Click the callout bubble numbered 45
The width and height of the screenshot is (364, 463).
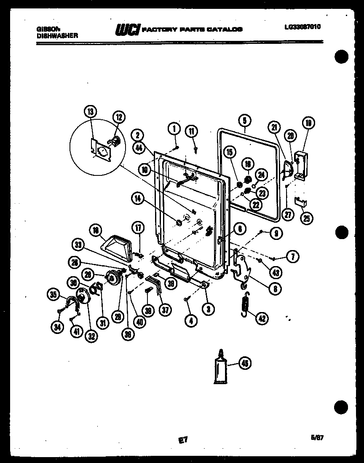click(244, 363)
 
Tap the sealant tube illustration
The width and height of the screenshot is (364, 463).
click(220, 367)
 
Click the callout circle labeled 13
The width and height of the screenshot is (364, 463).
click(91, 112)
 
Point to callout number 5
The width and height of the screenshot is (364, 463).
click(244, 120)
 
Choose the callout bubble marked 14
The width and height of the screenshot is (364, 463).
click(138, 199)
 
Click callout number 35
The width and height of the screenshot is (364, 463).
click(53, 295)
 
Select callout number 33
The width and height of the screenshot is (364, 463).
click(78, 244)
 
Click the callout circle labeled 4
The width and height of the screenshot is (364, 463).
click(191, 320)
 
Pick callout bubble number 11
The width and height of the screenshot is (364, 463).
click(192, 132)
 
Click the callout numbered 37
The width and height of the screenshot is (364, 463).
click(166, 310)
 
